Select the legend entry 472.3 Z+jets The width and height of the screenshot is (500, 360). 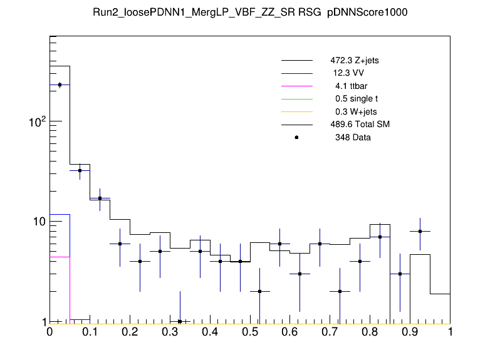[355, 61]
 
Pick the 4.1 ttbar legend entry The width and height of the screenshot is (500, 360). [350, 86]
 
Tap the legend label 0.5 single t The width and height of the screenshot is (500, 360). [356, 99]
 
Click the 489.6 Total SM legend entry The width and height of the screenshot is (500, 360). [360, 125]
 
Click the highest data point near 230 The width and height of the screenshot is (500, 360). [60, 85]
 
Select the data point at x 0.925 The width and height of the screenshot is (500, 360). [420, 231]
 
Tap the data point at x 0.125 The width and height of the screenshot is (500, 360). [100, 198]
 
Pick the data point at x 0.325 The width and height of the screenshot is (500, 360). [180, 321]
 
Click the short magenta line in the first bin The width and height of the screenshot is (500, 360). [60, 257]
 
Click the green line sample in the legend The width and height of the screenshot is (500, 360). [296, 99]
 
